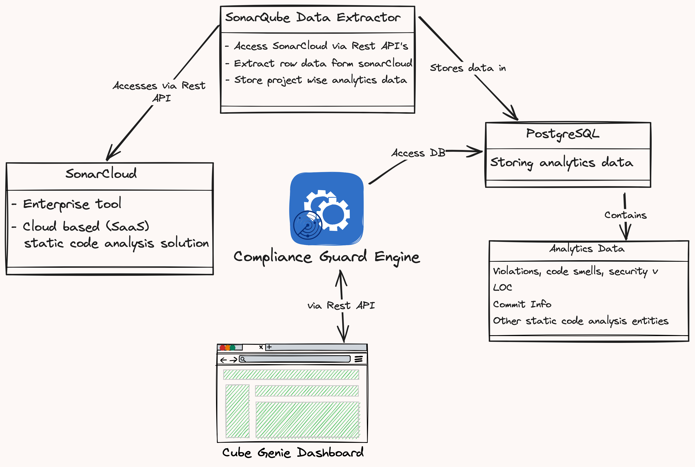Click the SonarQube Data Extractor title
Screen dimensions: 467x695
313,18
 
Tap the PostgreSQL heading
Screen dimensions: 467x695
563,134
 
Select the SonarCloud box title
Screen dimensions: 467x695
101,174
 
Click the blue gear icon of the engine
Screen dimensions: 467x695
327,209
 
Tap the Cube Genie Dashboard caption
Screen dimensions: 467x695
293,453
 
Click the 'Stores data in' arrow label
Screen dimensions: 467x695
468,68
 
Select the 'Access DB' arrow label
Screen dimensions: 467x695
418,153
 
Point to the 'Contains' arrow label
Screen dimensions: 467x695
625,215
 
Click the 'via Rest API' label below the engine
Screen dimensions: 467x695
341,306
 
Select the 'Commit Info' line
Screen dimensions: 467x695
522,304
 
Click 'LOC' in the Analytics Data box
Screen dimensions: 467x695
503,288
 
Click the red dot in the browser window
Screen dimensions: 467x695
222,348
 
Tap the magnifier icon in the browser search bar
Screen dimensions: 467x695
243,359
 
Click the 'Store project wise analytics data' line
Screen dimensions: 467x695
320,80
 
